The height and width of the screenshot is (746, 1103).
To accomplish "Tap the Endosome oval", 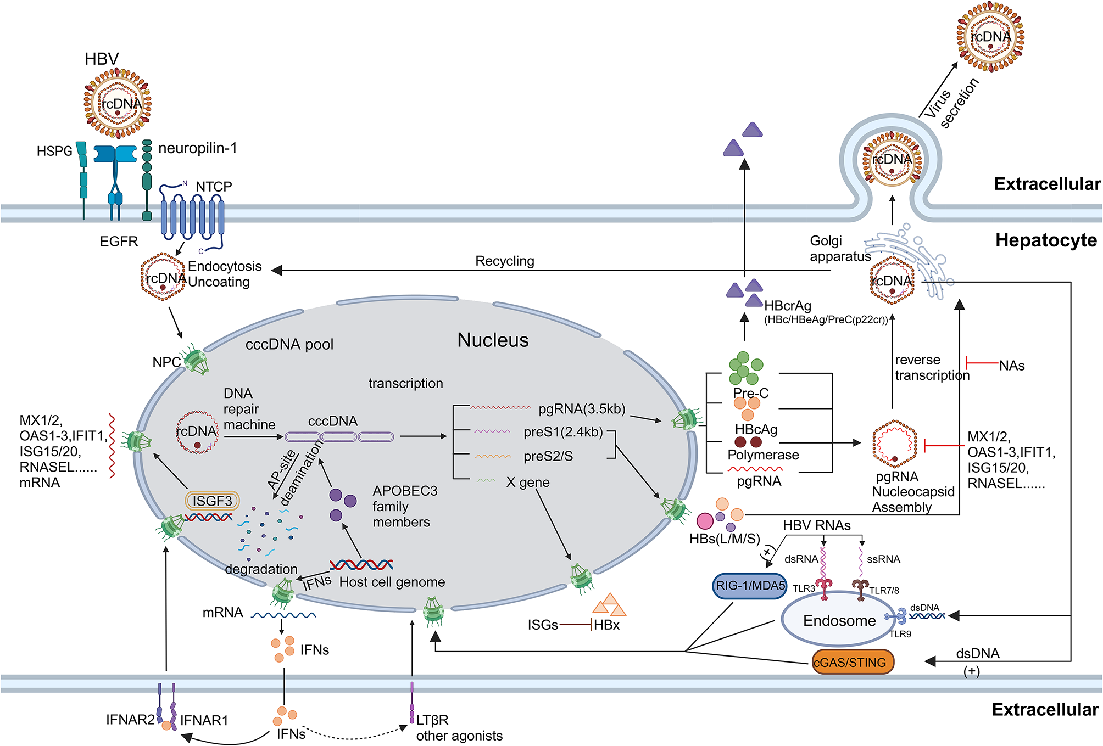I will tap(839, 620).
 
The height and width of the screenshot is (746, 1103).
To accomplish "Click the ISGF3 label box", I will tap(213, 501).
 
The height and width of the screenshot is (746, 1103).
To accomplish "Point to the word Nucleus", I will tap(493, 340).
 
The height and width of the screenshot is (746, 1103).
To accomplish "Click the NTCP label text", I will tap(214, 187).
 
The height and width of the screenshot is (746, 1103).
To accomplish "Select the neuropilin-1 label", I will tap(198, 148).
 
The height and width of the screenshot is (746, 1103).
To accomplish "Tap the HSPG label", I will tap(54, 151).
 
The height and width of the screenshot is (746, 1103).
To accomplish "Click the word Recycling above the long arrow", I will tap(505, 261).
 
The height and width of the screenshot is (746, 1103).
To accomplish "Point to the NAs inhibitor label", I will tap(1012, 366).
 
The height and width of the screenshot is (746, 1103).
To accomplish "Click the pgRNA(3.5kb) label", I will tap(582, 409).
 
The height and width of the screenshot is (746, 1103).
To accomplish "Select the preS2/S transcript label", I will tap(548, 456).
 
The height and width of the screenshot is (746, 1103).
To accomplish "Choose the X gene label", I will tap(528, 483).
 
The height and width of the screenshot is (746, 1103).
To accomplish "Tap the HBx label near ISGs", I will tap(606, 625).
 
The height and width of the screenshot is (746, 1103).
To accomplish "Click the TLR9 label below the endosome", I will tap(900, 634).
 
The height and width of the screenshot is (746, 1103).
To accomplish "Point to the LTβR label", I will tap(432, 720).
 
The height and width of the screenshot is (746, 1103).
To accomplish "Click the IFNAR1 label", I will tap(204, 720).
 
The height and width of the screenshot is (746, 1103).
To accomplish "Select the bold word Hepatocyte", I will tap(1046, 240).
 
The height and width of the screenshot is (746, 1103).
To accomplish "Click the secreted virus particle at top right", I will tap(990, 37).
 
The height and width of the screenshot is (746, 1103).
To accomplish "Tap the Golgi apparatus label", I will tap(840, 248).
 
